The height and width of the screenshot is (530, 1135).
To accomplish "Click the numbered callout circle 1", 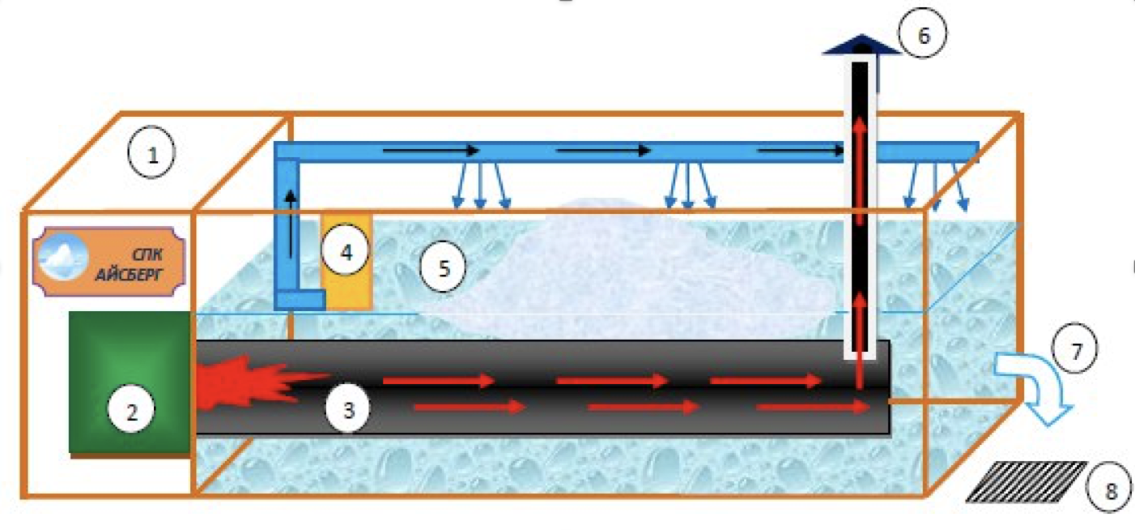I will click(x=151, y=156).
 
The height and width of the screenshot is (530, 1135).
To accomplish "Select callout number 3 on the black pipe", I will click(x=348, y=409).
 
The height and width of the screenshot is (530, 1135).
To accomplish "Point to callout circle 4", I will click(x=345, y=251).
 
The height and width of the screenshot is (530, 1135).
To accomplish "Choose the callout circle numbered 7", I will click(x=1075, y=350).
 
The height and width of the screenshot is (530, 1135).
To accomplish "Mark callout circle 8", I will click(x=1109, y=489).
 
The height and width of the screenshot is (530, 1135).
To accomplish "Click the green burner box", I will click(x=130, y=381).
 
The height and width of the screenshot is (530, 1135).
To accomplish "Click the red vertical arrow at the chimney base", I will click(x=860, y=373).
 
